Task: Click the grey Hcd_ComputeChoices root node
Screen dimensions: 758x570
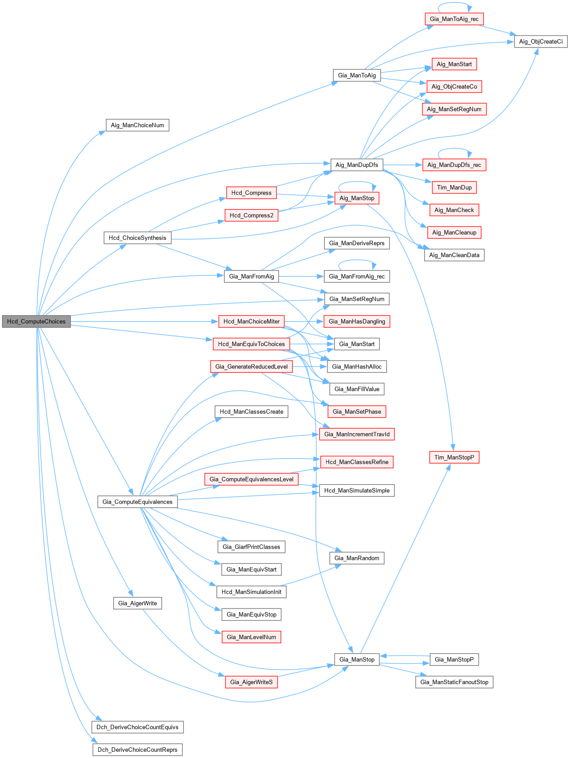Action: click(x=36, y=321)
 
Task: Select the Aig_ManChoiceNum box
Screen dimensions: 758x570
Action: click(x=137, y=125)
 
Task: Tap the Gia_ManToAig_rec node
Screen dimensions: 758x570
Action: click(x=454, y=19)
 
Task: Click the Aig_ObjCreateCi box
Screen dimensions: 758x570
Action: click(x=541, y=42)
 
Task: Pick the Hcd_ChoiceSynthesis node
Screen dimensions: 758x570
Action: click(x=137, y=238)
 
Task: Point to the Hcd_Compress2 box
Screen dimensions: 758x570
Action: click(x=251, y=215)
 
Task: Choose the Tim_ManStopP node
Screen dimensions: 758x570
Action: click(x=454, y=457)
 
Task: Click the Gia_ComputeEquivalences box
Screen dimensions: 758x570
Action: click(x=137, y=502)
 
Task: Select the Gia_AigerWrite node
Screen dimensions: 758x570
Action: click(x=137, y=603)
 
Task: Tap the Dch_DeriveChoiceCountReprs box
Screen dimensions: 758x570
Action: click(x=137, y=750)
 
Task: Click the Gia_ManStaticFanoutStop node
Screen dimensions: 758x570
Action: click(x=454, y=682)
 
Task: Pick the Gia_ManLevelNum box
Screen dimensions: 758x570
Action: click(x=251, y=637)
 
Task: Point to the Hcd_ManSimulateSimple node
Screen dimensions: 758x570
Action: click(x=357, y=490)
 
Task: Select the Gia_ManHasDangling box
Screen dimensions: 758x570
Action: click(x=357, y=321)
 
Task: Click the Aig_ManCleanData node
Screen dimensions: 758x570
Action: click(x=454, y=255)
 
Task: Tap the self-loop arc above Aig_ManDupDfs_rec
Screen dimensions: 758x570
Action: click(x=454, y=149)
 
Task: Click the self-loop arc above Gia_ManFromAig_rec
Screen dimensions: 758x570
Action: click(x=357, y=261)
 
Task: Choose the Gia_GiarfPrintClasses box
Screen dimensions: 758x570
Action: click(x=251, y=547)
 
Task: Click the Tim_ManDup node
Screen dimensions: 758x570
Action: click(x=454, y=187)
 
